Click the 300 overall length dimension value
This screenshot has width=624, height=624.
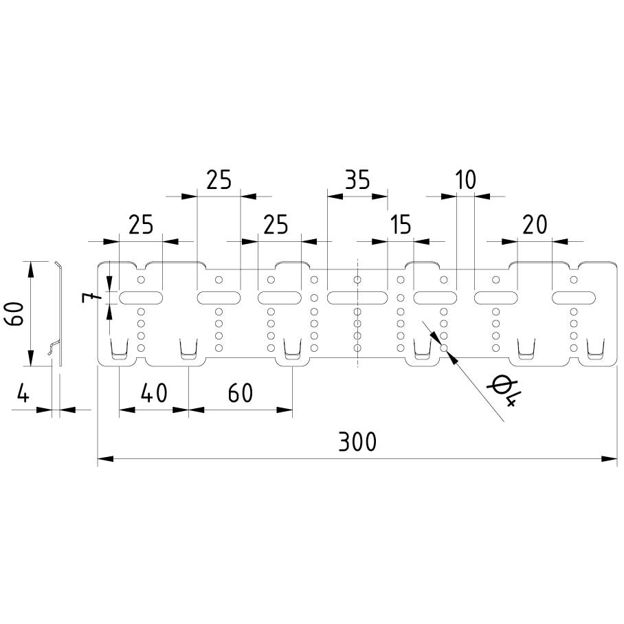pos(357,442)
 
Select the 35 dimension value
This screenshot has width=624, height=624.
pos(357,180)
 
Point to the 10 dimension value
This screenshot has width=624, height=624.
pos(465,180)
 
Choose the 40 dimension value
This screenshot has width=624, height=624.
pos(153,393)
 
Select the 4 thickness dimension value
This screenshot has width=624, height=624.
pos(23,394)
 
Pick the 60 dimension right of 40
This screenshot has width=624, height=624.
pos(240,393)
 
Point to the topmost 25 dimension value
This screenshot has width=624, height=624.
pos(219,180)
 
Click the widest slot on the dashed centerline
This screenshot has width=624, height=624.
pos(357,298)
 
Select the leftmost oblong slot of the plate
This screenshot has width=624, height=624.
pos(141,298)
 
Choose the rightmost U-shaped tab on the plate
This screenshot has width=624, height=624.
pos(597,350)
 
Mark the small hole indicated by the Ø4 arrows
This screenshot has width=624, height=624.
pos(444,348)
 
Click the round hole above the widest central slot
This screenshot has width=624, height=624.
pos(357,280)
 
